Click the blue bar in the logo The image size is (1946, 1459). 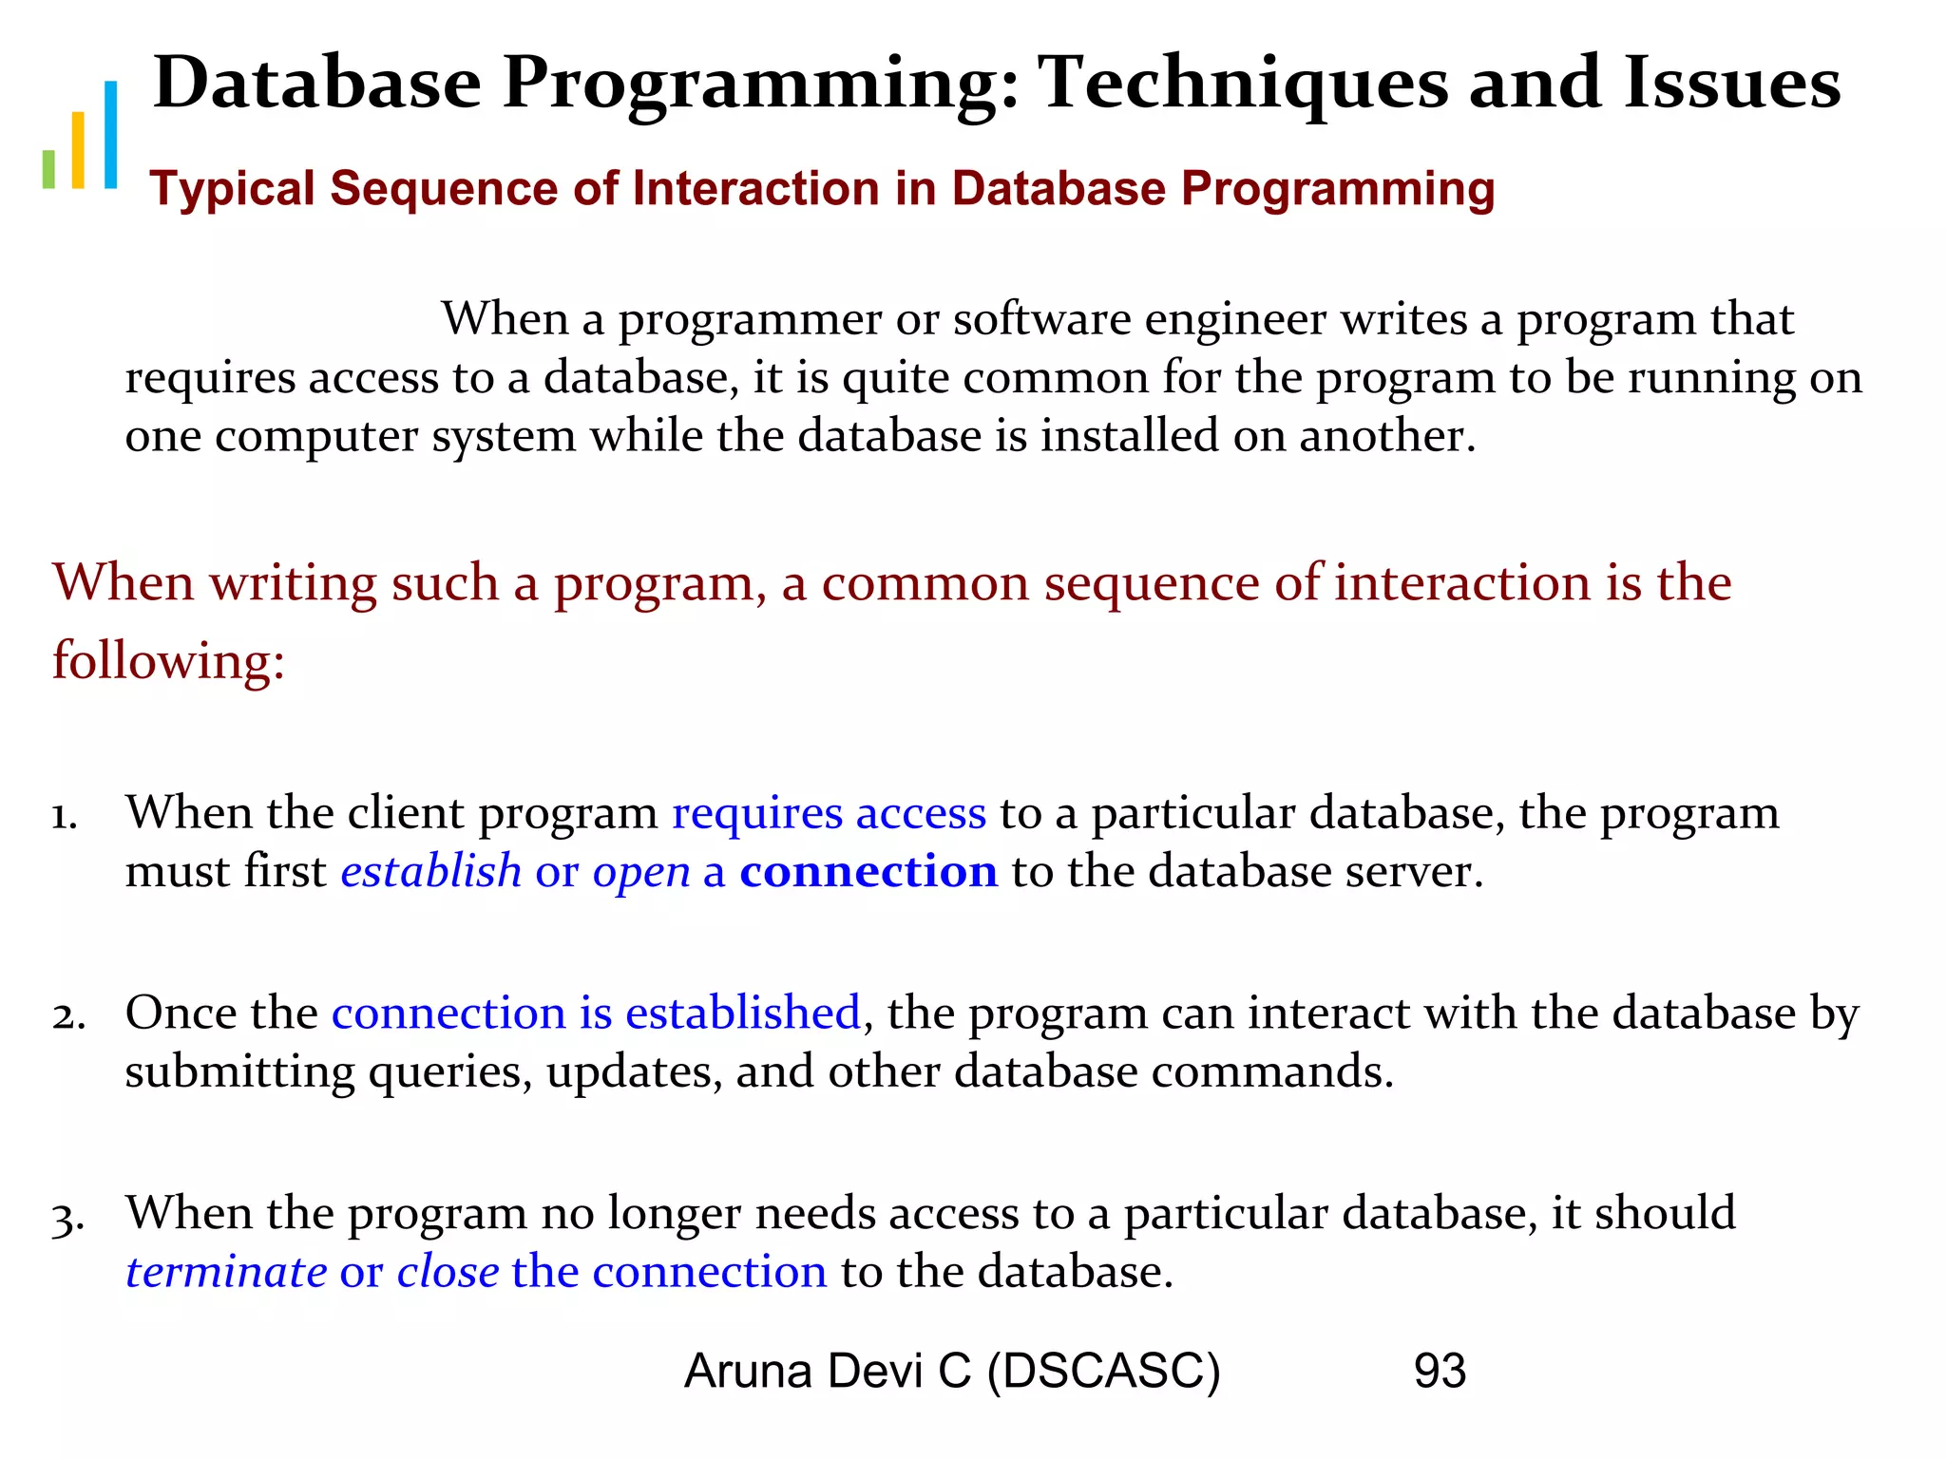click(x=110, y=134)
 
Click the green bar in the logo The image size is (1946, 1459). click(x=48, y=168)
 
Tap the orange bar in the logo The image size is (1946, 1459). click(x=79, y=150)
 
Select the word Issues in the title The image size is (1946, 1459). click(x=1731, y=83)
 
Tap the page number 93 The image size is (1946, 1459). click(x=1440, y=1371)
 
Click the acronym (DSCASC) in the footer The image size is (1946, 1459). click(x=1103, y=1372)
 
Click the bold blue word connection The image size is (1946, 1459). click(x=868, y=871)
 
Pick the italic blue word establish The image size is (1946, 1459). click(x=431, y=871)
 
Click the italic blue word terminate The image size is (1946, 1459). click(x=226, y=1272)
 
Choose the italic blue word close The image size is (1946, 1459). click(x=448, y=1272)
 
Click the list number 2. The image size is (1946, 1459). click(x=67, y=1015)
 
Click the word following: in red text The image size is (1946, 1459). click(x=168, y=661)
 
